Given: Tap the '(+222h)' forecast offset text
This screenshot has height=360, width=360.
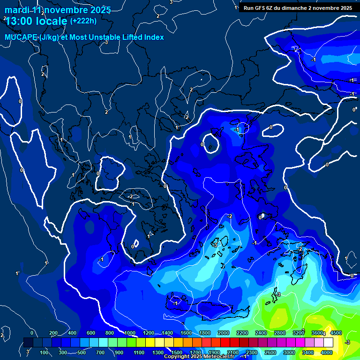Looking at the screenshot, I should (83, 21).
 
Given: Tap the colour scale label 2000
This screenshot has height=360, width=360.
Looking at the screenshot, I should (224, 333).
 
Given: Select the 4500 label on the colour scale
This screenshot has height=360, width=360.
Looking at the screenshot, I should (337, 333).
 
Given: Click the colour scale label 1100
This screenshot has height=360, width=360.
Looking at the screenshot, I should (139, 352).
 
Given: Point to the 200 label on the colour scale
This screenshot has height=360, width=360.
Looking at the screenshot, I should (53, 333).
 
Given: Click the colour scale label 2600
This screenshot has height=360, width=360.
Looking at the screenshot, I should (271, 352).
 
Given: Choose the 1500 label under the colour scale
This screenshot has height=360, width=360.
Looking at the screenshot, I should (177, 352).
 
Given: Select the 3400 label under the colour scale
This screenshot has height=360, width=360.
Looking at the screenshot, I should (308, 352).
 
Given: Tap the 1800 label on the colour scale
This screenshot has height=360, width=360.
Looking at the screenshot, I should (205, 333).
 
